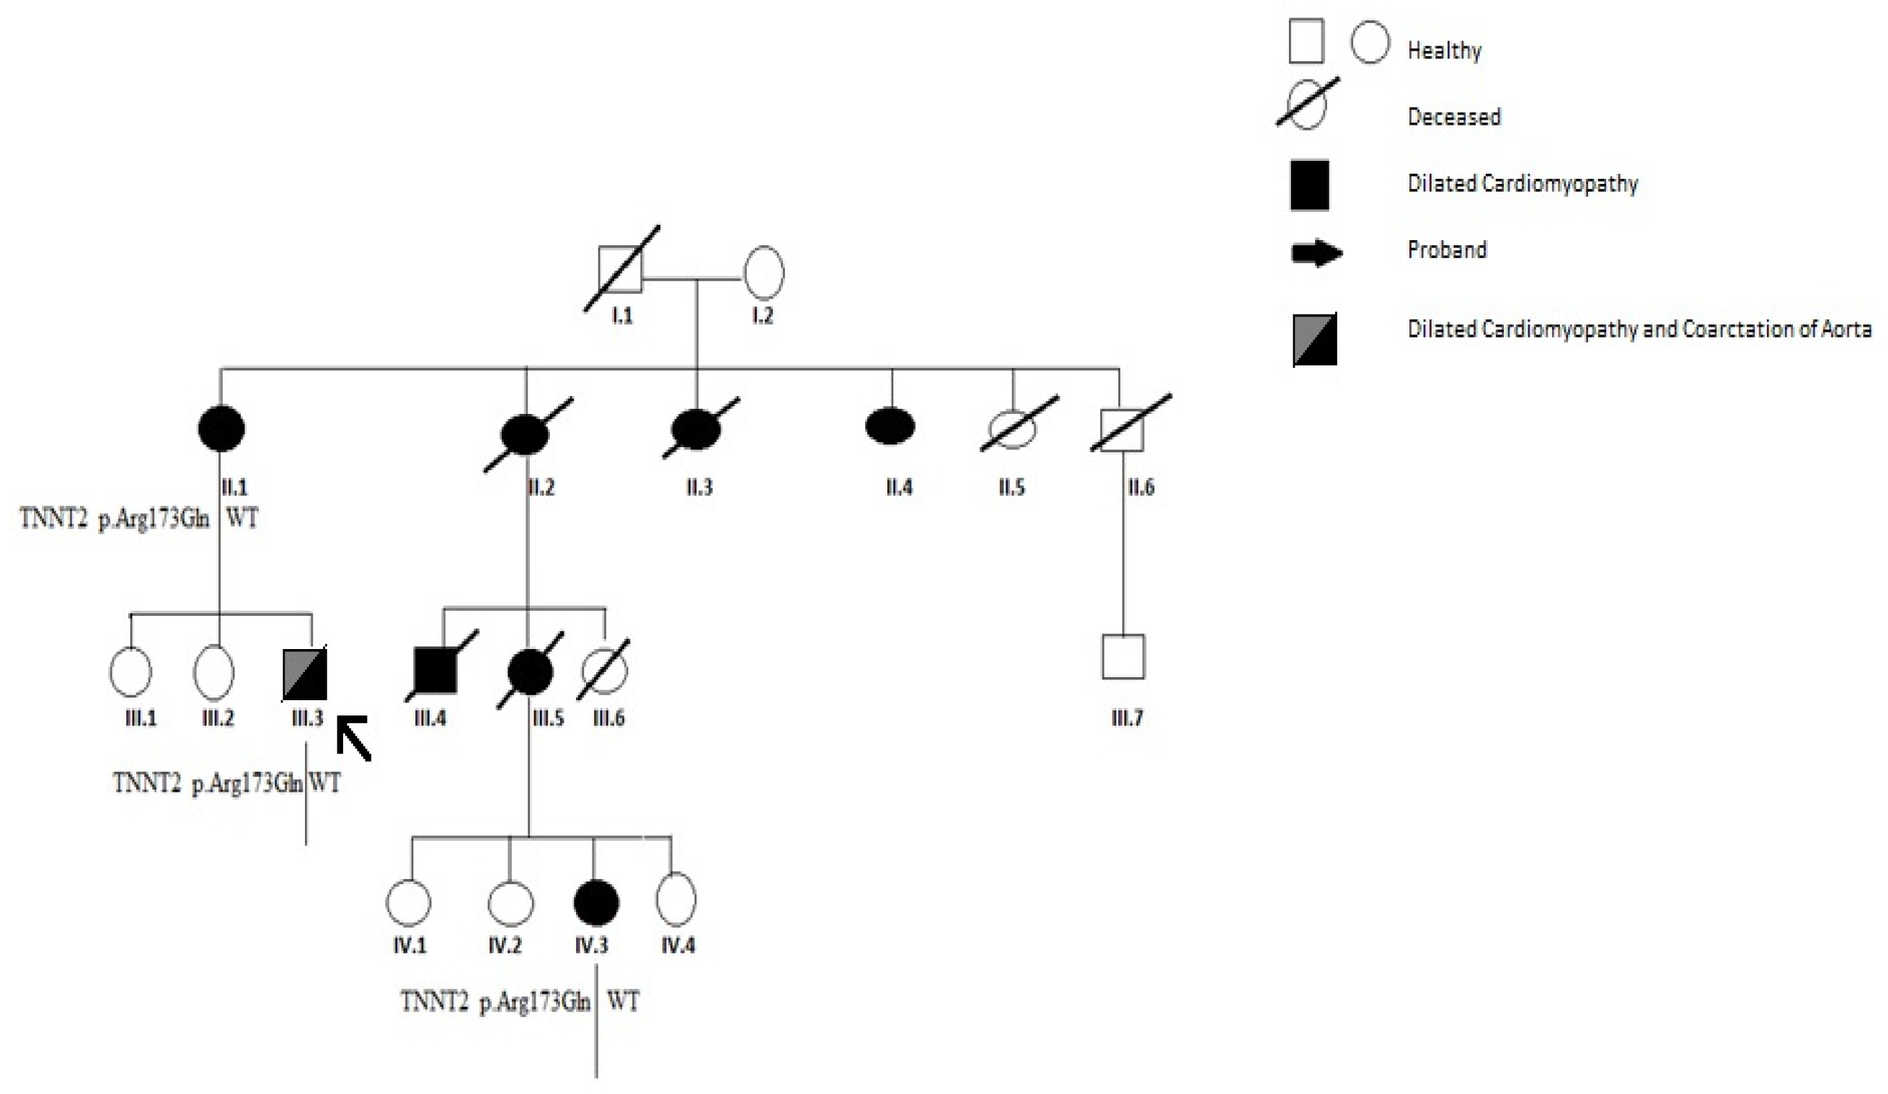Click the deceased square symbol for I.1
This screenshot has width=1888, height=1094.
(621, 270)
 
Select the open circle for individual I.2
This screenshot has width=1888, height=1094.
(763, 273)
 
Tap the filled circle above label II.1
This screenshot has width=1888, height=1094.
(221, 428)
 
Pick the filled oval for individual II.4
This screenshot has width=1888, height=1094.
(890, 426)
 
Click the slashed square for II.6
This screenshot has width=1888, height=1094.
(1122, 430)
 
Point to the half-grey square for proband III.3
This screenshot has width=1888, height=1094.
(305, 674)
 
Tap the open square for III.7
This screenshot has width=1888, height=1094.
(1123, 656)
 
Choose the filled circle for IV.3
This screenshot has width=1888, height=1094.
(596, 903)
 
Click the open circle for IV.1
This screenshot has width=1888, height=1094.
(408, 903)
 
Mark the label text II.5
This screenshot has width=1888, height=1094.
(1011, 488)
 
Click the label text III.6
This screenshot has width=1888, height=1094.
(608, 718)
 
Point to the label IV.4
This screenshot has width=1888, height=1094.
(678, 945)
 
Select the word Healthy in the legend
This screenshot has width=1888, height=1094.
(1445, 51)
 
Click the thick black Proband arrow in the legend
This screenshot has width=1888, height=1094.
(1316, 253)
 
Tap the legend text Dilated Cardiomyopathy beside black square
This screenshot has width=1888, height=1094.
(1523, 184)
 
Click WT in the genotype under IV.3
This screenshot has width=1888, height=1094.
(624, 1002)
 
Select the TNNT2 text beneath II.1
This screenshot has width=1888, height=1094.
(53, 519)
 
